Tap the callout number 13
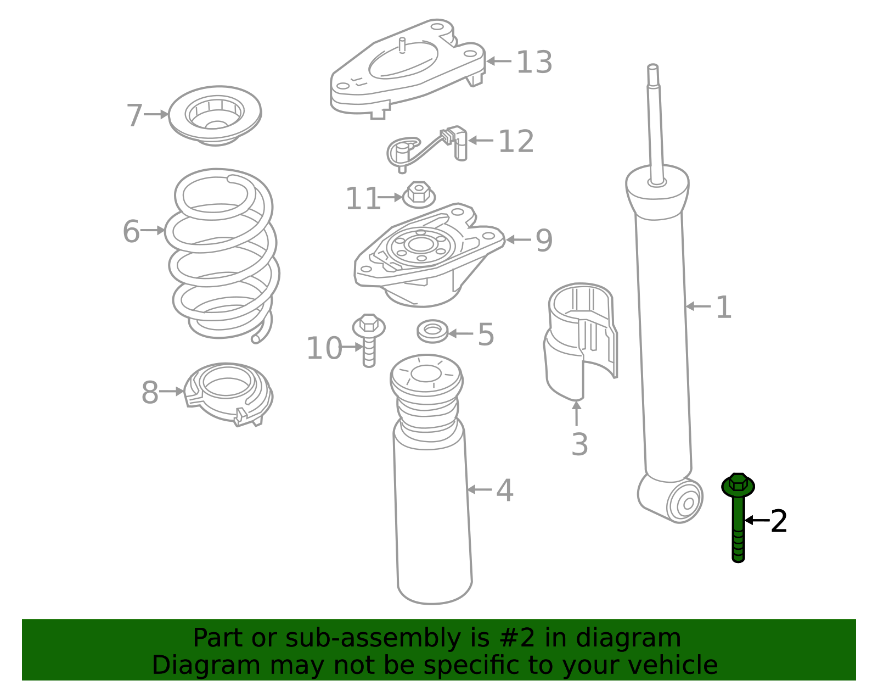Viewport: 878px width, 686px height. point(534,62)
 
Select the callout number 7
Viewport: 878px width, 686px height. point(134,115)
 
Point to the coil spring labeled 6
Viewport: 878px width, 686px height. point(223,255)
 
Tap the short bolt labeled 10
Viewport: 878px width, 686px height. point(369,340)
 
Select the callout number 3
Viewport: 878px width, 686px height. point(579,444)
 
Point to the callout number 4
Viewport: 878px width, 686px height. point(504,490)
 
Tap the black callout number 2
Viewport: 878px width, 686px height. point(779,521)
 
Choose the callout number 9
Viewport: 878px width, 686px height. point(544,240)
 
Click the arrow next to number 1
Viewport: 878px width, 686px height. point(699,306)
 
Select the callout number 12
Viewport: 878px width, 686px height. point(516,142)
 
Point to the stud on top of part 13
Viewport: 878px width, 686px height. point(402,45)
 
